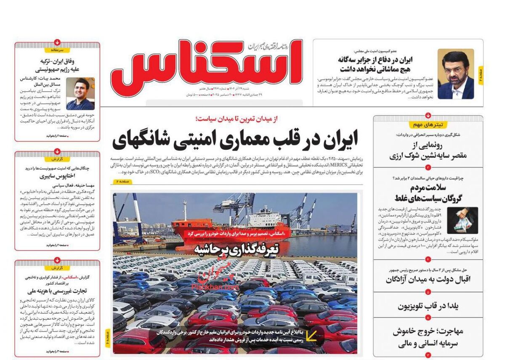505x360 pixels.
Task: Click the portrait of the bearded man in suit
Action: click(455, 74)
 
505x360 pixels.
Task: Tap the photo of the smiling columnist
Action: click(80, 94)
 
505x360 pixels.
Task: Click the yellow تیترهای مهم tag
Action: click(428, 125)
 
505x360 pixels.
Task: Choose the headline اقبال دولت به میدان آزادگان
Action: click(428, 279)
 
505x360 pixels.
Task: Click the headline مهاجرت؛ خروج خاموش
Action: click(428, 337)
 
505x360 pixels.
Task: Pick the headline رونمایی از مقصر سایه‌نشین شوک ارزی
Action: click(428, 151)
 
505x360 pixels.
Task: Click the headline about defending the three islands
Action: click(375, 64)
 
